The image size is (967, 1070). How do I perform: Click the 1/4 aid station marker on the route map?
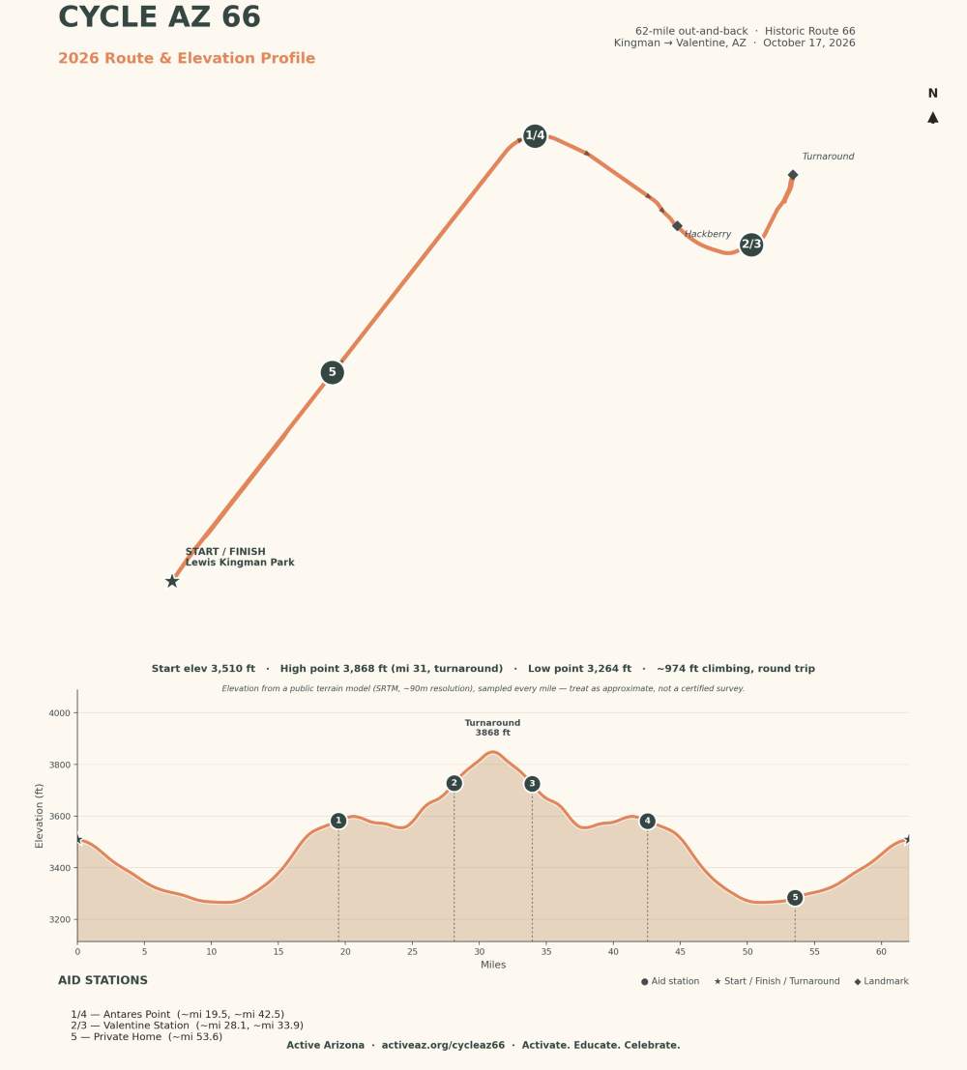coord(535,135)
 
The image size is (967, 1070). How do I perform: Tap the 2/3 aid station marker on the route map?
coord(751,245)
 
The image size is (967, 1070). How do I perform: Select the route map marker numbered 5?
coord(332,372)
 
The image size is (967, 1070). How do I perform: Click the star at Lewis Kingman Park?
coord(172,582)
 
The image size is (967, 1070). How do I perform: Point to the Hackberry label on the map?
coord(708,234)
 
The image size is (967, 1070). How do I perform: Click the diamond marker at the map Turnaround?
coord(793,175)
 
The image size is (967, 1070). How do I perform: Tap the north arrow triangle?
coord(933,118)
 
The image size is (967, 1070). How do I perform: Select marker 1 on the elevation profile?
coord(338,821)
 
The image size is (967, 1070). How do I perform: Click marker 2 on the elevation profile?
coord(454,783)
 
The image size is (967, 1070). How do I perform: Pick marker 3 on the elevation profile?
coord(532,784)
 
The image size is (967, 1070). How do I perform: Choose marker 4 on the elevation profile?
coord(647,821)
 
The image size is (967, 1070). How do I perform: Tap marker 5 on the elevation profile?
coord(795,898)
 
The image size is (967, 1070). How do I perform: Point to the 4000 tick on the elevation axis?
coord(59,713)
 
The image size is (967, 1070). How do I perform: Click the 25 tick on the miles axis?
coord(413,952)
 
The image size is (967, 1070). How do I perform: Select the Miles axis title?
coord(493,965)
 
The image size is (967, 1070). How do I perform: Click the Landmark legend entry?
coord(881,981)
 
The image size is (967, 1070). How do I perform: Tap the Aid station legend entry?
coord(670,981)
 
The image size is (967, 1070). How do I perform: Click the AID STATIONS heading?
coord(103,981)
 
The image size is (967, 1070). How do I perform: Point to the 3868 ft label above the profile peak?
coord(492,733)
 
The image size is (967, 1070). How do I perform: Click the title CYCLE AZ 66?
coord(160,17)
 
